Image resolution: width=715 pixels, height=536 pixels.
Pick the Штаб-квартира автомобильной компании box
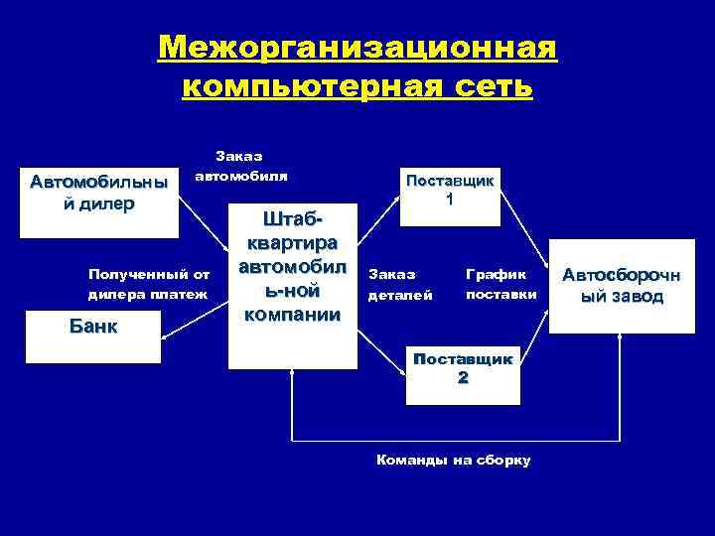pos(292,288)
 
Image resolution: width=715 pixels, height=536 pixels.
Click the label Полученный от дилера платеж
pos(148,283)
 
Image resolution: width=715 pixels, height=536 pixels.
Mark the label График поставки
pos(501,284)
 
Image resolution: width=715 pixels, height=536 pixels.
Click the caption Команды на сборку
pos(453,461)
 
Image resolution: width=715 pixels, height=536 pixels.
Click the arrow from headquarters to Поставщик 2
pos(382,357)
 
